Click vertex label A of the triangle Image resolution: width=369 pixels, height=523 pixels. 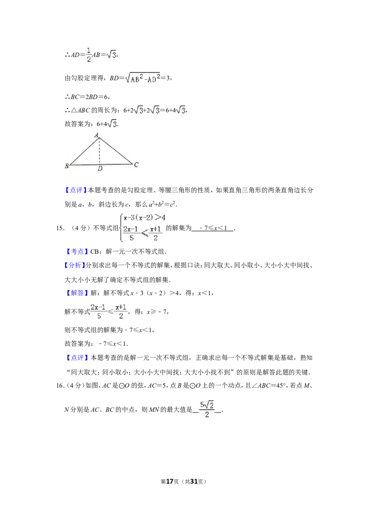click(x=96, y=135)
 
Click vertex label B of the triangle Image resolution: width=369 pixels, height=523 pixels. click(x=66, y=166)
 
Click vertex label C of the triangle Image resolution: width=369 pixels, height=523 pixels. click(x=136, y=164)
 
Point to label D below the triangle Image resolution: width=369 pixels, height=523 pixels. click(x=100, y=169)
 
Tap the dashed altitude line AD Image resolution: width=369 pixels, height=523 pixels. click(x=99, y=151)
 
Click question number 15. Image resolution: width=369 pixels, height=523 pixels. click(x=60, y=228)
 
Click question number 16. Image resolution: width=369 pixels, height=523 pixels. click(x=60, y=386)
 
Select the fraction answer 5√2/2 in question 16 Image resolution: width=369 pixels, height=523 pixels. click(x=207, y=410)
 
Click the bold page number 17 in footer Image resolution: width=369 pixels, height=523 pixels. click(x=170, y=481)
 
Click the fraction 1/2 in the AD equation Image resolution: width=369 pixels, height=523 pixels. click(x=89, y=55)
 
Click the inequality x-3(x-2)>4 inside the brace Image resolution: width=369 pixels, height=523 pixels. click(x=144, y=218)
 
